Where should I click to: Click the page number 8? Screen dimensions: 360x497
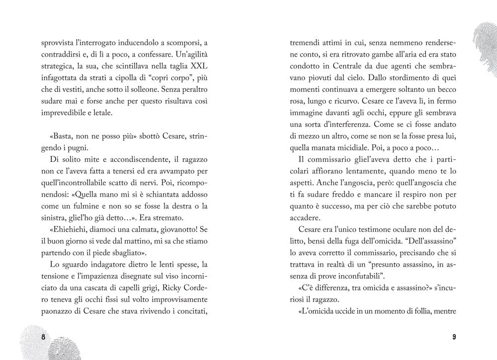pyautogui.click(x=43, y=337)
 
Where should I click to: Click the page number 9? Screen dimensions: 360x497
pyautogui.click(x=454, y=337)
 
